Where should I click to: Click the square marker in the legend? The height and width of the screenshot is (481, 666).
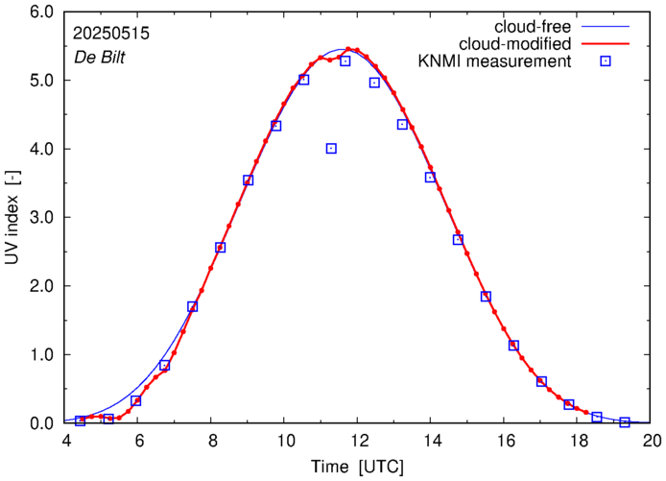(605, 62)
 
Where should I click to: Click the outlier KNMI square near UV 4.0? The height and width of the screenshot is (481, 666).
(331, 148)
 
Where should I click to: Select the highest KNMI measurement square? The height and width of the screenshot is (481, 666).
(345, 60)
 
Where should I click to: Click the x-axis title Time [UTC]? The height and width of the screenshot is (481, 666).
(358, 468)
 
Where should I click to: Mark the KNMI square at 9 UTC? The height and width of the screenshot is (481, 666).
(249, 180)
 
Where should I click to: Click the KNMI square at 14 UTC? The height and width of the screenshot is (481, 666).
(430, 177)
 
